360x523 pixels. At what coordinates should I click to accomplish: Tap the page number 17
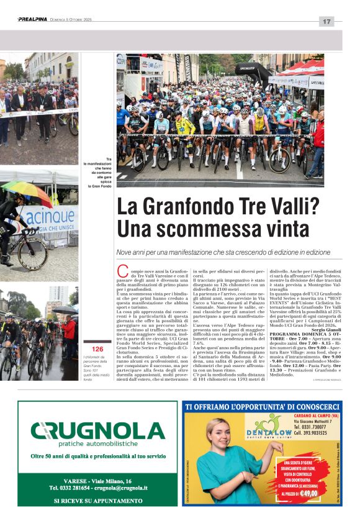(x=326, y=22)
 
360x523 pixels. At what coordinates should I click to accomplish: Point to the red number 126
(x=97, y=350)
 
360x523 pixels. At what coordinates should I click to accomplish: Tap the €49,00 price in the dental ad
(x=306, y=493)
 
